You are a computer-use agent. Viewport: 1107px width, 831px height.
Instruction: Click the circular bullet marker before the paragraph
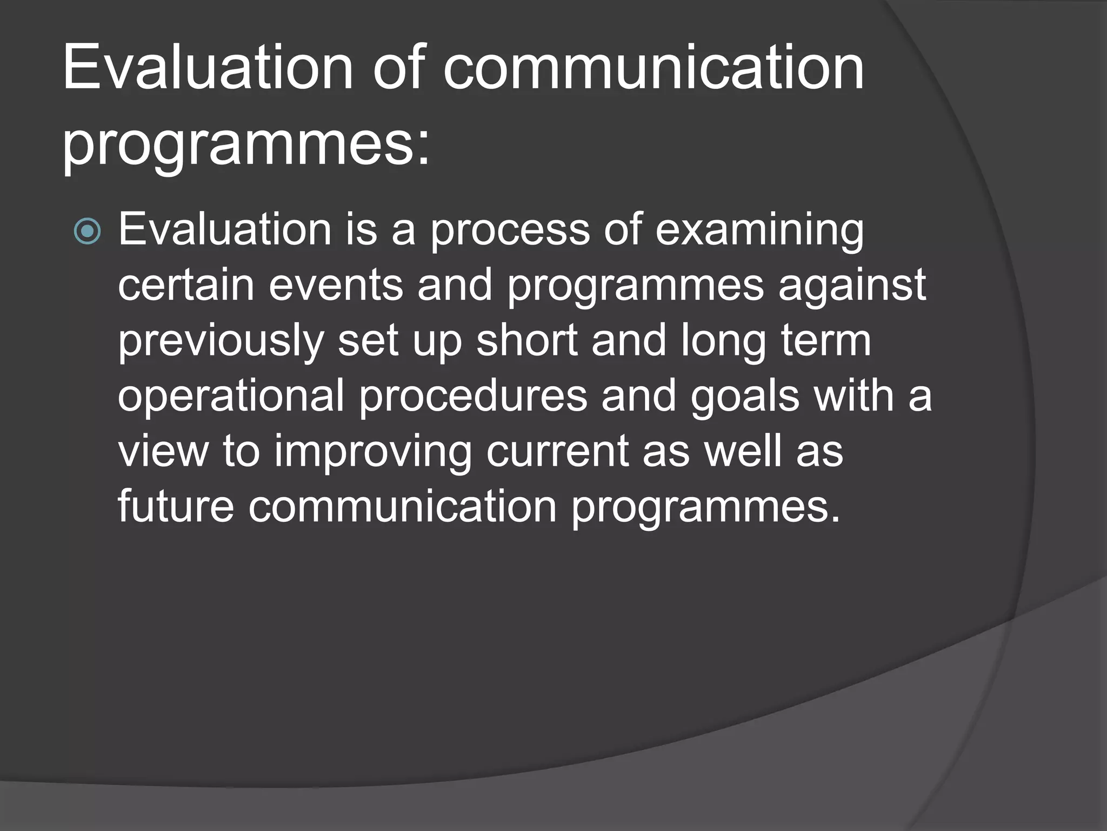point(87,232)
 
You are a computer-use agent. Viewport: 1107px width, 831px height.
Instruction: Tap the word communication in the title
point(653,69)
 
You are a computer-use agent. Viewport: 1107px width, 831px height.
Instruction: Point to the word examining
point(759,229)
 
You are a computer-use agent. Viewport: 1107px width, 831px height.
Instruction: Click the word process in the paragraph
point(510,229)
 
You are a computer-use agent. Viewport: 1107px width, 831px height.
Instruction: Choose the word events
point(336,285)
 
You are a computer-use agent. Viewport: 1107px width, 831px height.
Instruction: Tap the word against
point(852,285)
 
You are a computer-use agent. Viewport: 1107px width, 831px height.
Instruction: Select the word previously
point(221,341)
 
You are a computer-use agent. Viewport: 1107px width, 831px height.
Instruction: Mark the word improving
point(373,452)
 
